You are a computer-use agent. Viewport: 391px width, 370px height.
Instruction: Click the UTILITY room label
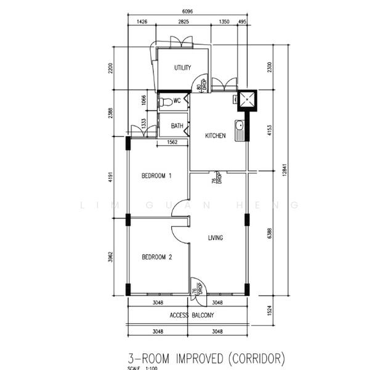click(182, 68)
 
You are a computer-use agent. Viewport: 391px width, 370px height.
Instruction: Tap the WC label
click(177, 101)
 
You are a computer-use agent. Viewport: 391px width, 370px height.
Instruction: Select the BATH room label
click(177, 126)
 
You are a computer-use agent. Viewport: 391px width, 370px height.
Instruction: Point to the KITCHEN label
click(215, 136)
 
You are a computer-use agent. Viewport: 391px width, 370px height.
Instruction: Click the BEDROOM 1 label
click(156, 176)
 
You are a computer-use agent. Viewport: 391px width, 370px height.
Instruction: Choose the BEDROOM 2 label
click(156, 257)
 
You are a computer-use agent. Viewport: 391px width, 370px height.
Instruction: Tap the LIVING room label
click(216, 238)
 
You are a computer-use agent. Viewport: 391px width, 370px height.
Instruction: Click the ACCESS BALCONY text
click(191, 315)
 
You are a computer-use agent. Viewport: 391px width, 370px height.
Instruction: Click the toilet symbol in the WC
click(164, 101)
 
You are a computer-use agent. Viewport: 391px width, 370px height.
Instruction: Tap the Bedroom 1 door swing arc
click(180, 210)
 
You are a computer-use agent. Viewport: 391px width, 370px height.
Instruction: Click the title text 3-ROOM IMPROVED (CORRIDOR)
click(206, 358)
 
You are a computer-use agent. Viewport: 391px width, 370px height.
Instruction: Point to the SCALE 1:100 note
click(142, 368)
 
